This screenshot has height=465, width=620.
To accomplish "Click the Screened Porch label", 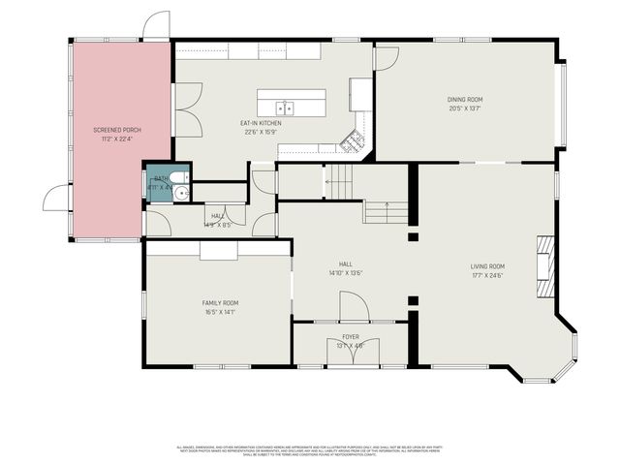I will pyautogui.click(x=119, y=129).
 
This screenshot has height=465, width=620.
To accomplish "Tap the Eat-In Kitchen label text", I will pyautogui.click(x=261, y=123).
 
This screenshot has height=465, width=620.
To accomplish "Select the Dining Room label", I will pyautogui.click(x=465, y=100).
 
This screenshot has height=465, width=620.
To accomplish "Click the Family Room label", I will pyautogui.click(x=220, y=303).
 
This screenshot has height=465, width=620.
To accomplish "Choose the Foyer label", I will pyautogui.click(x=350, y=336).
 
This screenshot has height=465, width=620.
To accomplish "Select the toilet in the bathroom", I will pyautogui.click(x=161, y=179).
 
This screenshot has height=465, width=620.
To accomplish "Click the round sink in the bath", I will pyautogui.click(x=179, y=194).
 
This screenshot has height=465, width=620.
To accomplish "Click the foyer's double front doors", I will pyautogui.click(x=350, y=355).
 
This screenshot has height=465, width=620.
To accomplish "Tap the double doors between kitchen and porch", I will pyautogui.click(x=187, y=108).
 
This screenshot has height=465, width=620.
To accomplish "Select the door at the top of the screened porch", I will pyautogui.click(x=156, y=26).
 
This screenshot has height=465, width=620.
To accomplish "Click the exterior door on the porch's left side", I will pyautogui.click(x=56, y=198).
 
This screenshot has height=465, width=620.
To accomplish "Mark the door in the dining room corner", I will pyautogui.click(x=386, y=57).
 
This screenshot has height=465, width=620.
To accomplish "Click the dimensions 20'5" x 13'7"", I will pyautogui.click(x=465, y=108).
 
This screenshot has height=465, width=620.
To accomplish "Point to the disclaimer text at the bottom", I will pyautogui.click(x=310, y=451).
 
